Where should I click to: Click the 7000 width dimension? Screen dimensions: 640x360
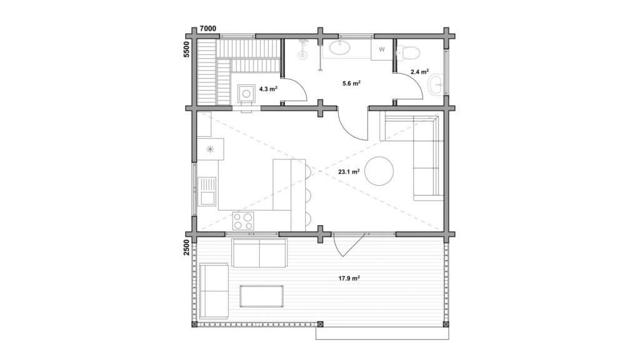207,29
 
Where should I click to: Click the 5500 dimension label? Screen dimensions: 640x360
187,49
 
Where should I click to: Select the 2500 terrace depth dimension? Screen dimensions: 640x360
186,247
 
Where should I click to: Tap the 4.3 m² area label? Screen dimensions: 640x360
269,89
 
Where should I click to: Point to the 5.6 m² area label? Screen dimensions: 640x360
351,83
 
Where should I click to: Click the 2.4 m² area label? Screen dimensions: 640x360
419,72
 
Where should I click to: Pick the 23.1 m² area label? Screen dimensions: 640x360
349,172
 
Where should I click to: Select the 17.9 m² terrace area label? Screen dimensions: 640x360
349,279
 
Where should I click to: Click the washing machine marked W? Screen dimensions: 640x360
382,50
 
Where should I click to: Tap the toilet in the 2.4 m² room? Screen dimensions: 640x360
408,52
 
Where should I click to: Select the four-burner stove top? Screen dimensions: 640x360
243,221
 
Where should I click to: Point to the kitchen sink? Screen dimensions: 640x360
207,191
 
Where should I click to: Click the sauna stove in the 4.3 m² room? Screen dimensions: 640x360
246,94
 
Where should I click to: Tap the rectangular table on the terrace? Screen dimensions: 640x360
262,296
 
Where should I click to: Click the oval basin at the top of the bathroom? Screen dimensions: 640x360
339,47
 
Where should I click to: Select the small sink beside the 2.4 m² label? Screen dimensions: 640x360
436,85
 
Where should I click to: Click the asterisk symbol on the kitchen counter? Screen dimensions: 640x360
210,149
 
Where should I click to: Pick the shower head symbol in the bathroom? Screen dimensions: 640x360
303,48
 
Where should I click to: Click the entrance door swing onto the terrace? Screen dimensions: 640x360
347,245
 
